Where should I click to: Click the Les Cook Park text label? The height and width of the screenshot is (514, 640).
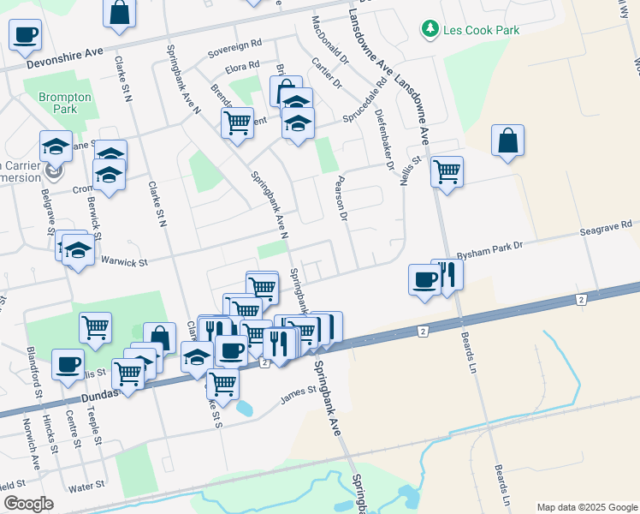[x=481, y=31]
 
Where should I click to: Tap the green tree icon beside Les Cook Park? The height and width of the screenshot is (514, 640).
[x=430, y=31]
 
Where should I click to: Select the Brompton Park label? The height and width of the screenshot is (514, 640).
[x=65, y=104]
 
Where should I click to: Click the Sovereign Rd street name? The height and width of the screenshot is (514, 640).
[x=234, y=49]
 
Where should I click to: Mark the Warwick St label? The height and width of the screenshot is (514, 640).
[x=124, y=260]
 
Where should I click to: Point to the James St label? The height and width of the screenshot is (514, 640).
[x=299, y=396]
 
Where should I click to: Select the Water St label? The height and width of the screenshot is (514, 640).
[x=86, y=485]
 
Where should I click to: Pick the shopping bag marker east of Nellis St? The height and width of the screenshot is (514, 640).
[x=508, y=141]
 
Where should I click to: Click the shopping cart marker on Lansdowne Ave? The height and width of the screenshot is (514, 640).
[x=447, y=172]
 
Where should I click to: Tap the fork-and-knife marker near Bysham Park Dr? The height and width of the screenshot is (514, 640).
[x=447, y=274]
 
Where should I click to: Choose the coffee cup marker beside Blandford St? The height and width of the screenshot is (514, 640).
[x=68, y=364]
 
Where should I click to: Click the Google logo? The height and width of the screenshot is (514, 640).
[x=28, y=504]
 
